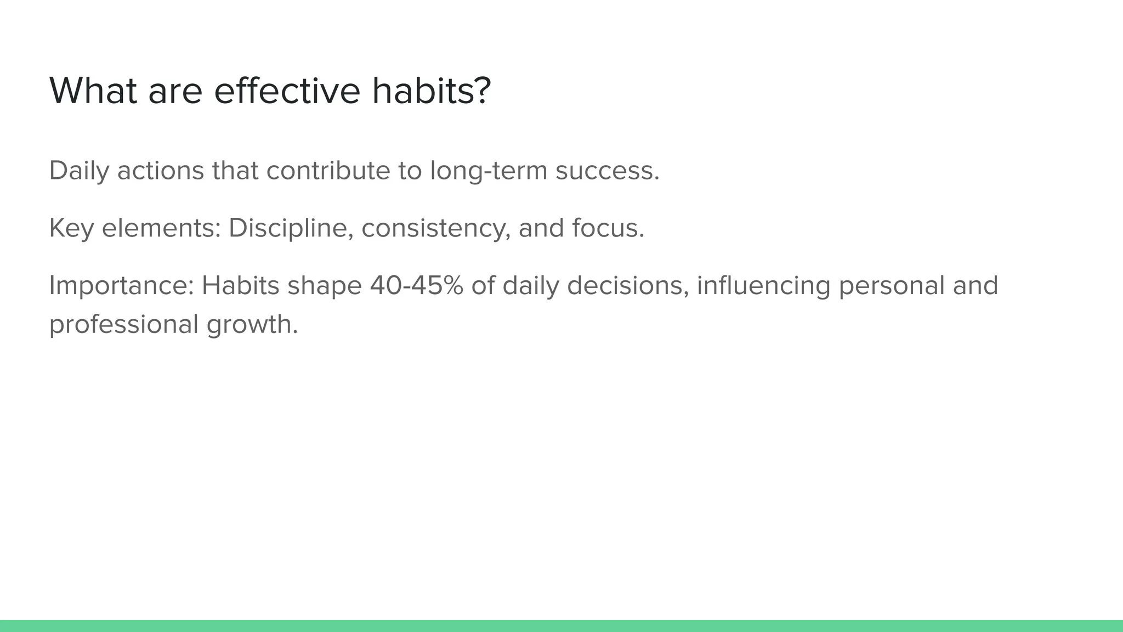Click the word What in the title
(x=93, y=91)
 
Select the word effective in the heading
(x=287, y=91)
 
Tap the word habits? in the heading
(x=431, y=91)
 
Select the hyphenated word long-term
(x=489, y=171)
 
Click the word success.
(x=607, y=171)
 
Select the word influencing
(x=763, y=286)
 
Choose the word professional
(x=123, y=324)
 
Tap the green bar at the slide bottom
(x=561, y=625)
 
